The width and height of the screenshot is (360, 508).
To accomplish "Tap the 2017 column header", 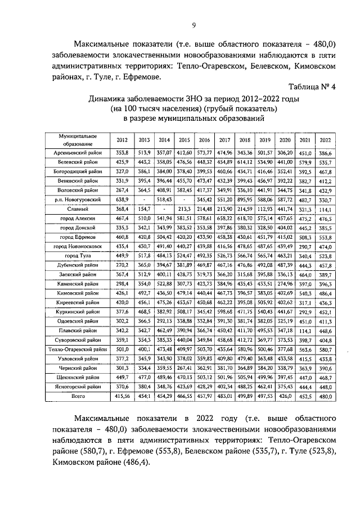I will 224,140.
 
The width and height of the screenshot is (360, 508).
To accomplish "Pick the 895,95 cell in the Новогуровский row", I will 245,199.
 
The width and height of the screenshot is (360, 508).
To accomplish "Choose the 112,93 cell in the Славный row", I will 265,208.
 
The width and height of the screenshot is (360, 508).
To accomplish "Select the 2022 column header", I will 325,140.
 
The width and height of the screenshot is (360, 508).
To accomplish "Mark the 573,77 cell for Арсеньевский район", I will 204,152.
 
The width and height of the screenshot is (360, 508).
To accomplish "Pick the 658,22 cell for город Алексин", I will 224,218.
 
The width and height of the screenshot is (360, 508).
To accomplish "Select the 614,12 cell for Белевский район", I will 245,162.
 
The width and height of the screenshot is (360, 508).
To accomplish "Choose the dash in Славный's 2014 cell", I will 164,208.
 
